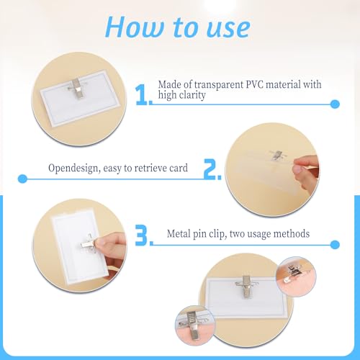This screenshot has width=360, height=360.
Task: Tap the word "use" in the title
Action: pos(228,29)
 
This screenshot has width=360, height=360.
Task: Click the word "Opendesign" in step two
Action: pos(74,168)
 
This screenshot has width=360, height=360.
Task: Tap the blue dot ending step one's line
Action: pos(335,104)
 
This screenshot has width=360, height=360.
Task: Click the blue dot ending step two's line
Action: pos(23,179)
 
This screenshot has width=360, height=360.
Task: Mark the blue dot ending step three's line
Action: pos(335,245)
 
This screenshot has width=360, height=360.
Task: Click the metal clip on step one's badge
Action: pos(77,88)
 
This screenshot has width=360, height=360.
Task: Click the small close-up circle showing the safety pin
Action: pos(296,276)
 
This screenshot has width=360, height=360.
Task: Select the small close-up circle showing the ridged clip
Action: pos(195,325)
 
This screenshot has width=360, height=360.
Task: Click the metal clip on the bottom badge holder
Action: pos(246,286)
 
